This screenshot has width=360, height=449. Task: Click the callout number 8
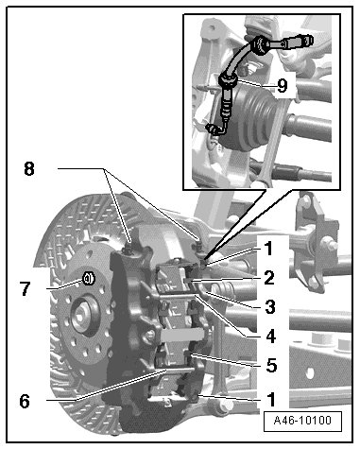29,169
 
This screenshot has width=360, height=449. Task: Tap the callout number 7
26,288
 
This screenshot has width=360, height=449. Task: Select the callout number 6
25,402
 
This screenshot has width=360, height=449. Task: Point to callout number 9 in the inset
283,85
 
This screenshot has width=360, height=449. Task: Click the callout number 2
269,278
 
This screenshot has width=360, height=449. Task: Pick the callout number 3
270,306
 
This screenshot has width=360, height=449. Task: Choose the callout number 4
271,336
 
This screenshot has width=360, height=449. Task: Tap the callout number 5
271,365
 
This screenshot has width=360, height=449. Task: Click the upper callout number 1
268,249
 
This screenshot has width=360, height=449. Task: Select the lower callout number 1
271,400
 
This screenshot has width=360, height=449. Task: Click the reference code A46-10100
302,421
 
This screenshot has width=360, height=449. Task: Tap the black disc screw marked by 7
89,279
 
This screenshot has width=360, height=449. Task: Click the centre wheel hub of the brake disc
81,317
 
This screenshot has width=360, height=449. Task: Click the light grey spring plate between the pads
181,335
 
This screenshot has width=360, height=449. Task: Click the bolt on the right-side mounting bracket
329,244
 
